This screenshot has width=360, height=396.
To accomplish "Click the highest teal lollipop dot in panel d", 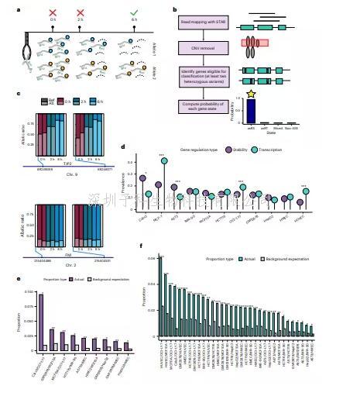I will (x=164, y=160).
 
